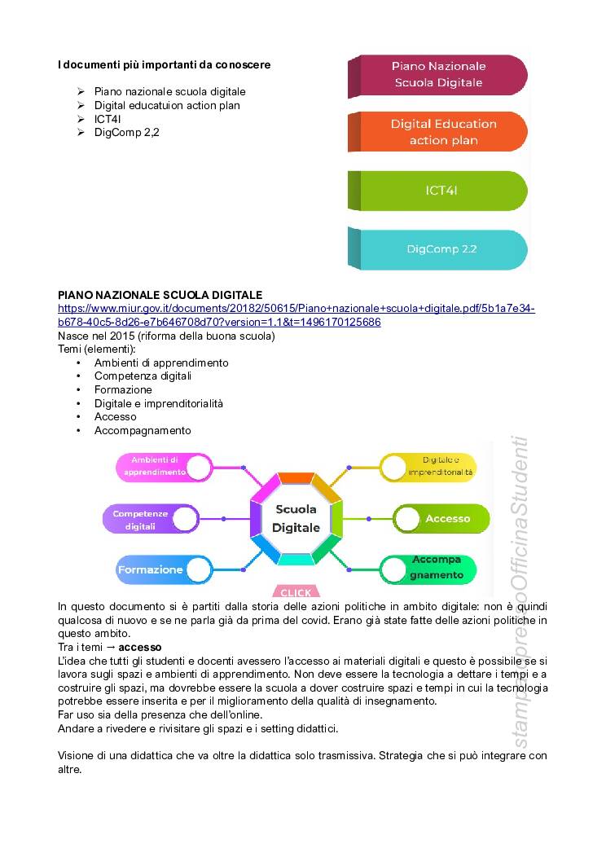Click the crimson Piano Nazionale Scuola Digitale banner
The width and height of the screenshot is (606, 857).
(438, 74)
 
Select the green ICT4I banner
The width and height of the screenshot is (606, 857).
(441, 191)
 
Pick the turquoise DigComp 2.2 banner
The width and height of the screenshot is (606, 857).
(441, 249)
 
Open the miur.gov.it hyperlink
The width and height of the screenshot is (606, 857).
(296, 315)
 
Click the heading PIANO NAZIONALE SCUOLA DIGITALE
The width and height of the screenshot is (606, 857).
(160, 294)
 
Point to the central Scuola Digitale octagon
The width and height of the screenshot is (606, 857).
(296, 517)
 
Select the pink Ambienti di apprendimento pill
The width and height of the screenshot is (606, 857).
(163, 466)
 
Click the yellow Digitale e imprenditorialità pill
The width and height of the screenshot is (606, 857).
(430, 467)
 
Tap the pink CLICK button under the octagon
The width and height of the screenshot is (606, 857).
(296, 592)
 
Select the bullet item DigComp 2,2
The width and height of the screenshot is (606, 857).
(127, 132)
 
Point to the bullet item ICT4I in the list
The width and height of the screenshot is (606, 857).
(108, 119)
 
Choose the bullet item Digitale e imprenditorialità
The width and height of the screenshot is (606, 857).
(159, 403)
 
